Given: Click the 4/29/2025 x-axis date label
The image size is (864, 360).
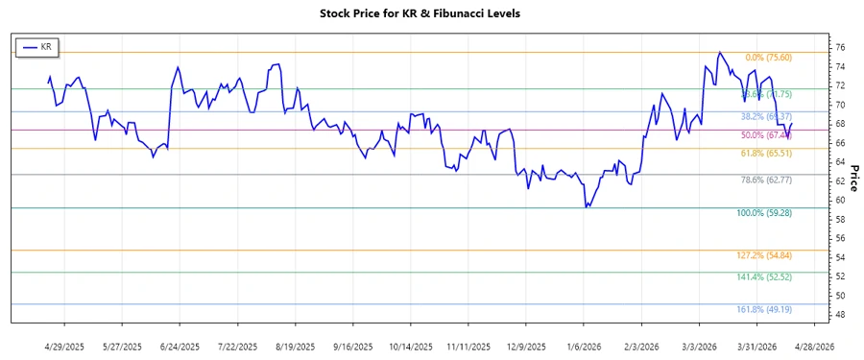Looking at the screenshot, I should pos(64,346).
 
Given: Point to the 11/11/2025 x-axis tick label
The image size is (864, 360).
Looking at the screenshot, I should pos(468,346).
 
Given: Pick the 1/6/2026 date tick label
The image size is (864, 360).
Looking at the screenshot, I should pos(585,346).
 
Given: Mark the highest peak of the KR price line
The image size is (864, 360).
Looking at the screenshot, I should pos(720,53).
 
